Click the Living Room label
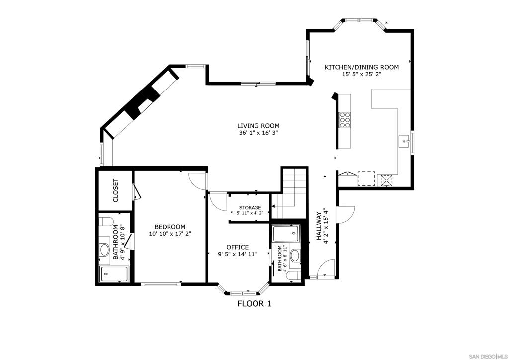(258, 126)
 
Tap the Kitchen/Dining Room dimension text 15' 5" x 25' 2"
(361, 75)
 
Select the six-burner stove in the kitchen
(345, 120)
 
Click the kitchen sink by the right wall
(405, 141)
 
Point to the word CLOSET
(115, 190)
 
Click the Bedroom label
(170, 227)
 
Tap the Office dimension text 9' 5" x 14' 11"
(238, 254)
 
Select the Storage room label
(250, 207)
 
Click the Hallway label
(319, 226)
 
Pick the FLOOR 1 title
(254, 304)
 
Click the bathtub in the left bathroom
(115, 274)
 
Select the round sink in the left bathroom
(105, 250)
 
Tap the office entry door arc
(218, 202)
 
